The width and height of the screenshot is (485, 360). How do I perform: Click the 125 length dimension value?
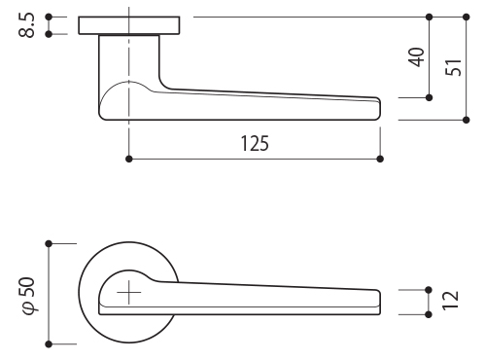(x=255, y=144)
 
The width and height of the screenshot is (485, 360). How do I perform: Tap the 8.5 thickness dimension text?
(x=26, y=25)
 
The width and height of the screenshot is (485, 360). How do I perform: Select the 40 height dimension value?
(x=417, y=57)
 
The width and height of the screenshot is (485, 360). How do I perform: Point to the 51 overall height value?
(x=453, y=68)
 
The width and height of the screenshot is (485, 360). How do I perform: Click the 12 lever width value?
(x=451, y=301)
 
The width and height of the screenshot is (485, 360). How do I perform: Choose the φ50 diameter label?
(x=29, y=296)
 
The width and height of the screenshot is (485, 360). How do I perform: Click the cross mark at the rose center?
(x=129, y=292)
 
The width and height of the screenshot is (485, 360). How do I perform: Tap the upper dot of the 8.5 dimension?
(x=49, y=17)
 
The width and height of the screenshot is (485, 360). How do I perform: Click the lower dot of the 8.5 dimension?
(x=49, y=34)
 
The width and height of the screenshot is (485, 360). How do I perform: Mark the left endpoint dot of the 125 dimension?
(x=129, y=159)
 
